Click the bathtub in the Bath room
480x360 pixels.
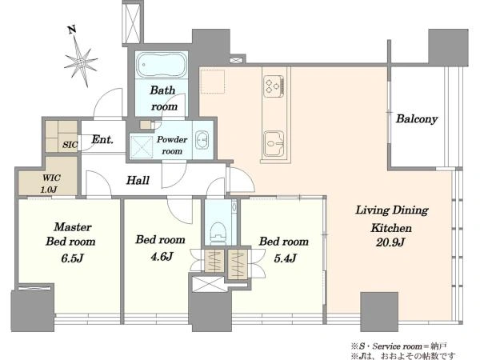tap(162, 65)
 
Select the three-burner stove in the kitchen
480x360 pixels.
tap(274, 86)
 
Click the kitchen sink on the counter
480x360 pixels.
tap(274, 143)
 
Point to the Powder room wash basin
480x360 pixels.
tap(202, 139)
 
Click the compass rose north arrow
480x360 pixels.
tap(81, 62)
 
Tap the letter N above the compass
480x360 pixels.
tap(72, 30)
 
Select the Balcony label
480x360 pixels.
tap(417, 118)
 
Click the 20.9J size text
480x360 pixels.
tap(390, 242)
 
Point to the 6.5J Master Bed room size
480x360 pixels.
tap(72, 258)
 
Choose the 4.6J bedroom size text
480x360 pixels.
tap(162, 256)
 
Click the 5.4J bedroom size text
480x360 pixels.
tap(285, 258)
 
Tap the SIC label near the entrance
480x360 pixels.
tap(70, 145)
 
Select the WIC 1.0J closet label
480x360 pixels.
tap(51, 183)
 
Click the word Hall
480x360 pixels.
tap(138, 180)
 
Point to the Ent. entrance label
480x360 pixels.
tap(102, 139)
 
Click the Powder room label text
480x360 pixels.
tap(172, 145)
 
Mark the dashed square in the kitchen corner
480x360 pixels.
tap(212, 81)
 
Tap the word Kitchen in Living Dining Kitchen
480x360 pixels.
tap(391, 228)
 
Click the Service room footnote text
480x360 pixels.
tap(398, 346)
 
